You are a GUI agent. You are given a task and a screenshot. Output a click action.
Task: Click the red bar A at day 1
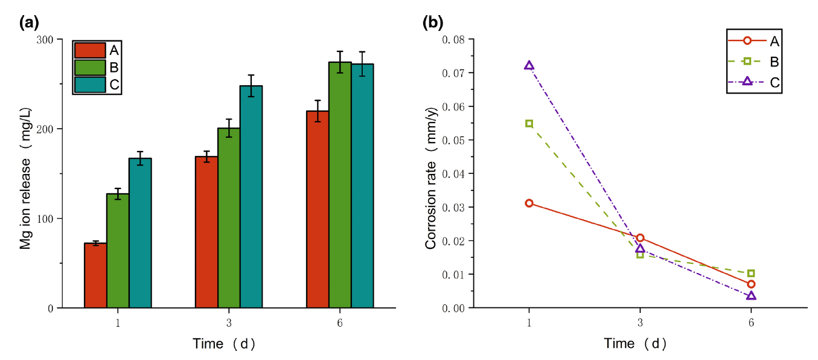pyautogui.click(x=95, y=275)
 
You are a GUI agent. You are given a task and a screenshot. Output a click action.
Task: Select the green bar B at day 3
pyautogui.click(x=229, y=218)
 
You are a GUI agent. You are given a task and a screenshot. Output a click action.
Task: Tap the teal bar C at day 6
pyautogui.click(x=363, y=186)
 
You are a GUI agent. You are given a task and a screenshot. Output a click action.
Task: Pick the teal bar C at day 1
pyautogui.click(x=140, y=233)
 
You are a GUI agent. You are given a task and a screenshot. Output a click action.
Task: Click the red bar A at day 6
pyautogui.click(x=318, y=210)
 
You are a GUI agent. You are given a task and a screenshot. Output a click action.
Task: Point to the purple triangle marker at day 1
pyautogui.click(x=529, y=65)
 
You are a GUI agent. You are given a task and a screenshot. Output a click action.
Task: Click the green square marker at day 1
pyautogui.click(x=529, y=124)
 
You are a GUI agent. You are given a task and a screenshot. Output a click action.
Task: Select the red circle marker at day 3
pyautogui.click(x=640, y=238)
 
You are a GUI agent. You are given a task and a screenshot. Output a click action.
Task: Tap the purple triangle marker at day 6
pyautogui.click(x=751, y=296)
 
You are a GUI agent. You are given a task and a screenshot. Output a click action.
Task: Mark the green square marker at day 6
pyautogui.click(x=751, y=274)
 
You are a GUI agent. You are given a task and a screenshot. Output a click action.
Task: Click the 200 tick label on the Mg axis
pyautogui.click(x=45, y=129)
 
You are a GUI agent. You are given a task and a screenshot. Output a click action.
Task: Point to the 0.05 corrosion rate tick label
pyautogui.click(x=453, y=140)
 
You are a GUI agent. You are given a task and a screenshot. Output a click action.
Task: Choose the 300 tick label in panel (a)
pyautogui.click(x=45, y=39)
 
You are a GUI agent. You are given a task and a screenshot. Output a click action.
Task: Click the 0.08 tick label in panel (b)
pyautogui.click(x=453, y=39)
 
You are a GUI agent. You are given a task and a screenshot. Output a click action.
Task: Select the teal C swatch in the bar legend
pyautogui.click(x=90, y=85)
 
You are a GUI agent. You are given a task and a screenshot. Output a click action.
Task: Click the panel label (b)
pyautogui.click(x=433, y=23)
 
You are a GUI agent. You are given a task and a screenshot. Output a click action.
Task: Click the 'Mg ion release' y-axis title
pyautogui.click(x=25, y=178)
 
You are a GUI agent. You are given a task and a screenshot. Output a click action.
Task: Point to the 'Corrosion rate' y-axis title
pyautogui.click(x=431, y=178)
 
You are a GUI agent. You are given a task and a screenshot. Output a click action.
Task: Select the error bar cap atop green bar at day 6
pyautogui.click(x=340, y=51)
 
